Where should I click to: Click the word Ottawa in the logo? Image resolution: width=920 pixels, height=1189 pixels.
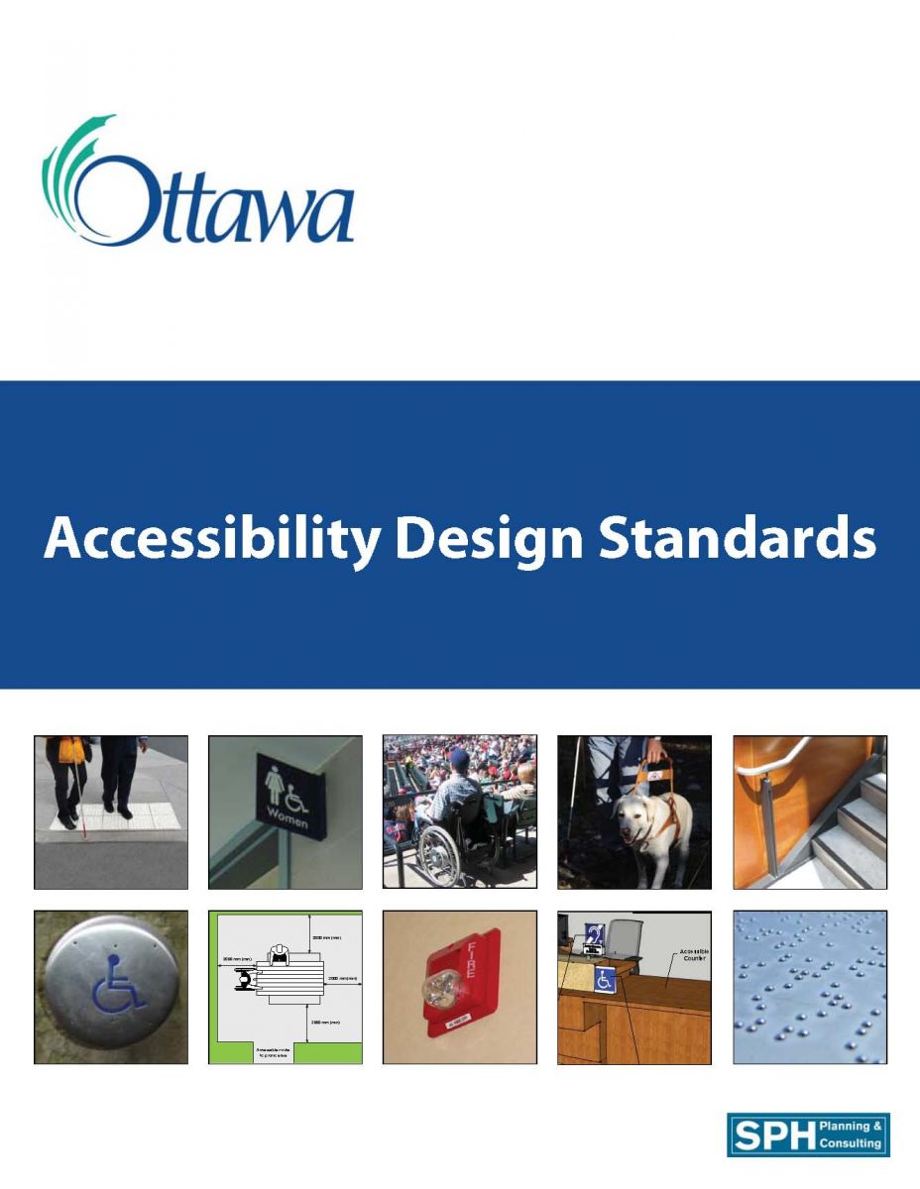pos(213,203)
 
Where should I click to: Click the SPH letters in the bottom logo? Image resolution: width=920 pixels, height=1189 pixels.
pos(770,1135)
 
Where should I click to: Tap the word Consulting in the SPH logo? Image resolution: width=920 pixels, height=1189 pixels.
pos(850,1144)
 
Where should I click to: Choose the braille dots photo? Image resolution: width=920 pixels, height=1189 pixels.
pos(810,987)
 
